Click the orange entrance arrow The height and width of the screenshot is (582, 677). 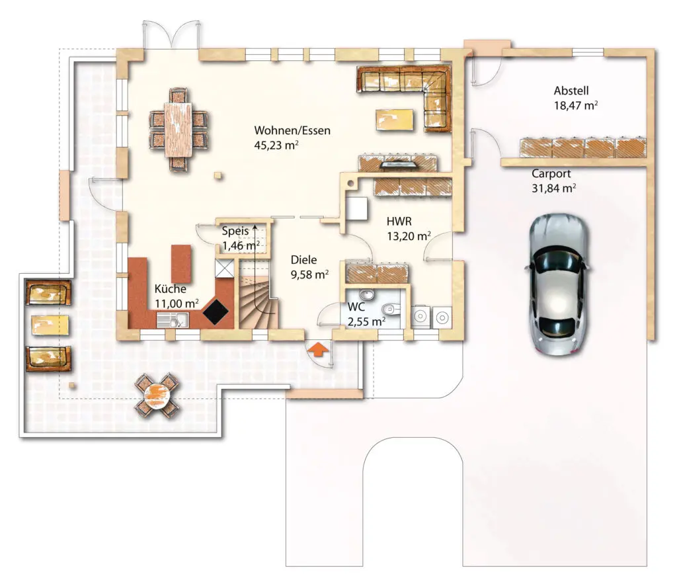click(x=318, y=349)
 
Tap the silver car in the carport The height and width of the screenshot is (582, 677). click(x=558, y=284)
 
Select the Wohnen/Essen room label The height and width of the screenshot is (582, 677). click(x=292, y=130)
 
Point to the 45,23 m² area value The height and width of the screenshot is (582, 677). click(x=276, y=145)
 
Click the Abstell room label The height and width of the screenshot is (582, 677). click(x=571, y=91)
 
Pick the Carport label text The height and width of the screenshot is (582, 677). click(x=551, y=173)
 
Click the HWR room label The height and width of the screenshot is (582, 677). click(x=399, y=222)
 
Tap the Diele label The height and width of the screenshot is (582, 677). click(x=303, y=259)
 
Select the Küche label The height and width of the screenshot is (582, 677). click(x=171, y=289)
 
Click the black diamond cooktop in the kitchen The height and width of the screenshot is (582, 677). click(x=216, y=311)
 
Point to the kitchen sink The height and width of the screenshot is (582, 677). click(x=173, y=320)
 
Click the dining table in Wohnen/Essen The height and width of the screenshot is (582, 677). click(x=179, y=130)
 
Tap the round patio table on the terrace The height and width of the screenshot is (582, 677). click(x=156, y=395)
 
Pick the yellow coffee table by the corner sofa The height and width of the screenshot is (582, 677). click(x=394, y=119)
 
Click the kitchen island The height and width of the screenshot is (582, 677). click(x=181, y=264)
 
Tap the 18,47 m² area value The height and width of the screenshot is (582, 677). click(x=576, y=105)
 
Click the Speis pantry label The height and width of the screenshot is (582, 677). click(x=235, y=231)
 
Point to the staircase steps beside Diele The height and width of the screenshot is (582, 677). click(x=259, y=298)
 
